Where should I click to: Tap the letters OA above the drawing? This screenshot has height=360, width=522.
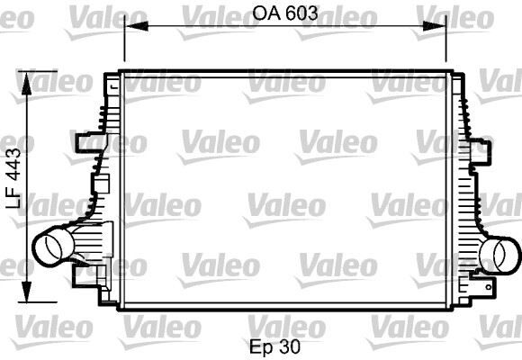[266, 13]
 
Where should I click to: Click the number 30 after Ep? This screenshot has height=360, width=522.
[289, 345]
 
